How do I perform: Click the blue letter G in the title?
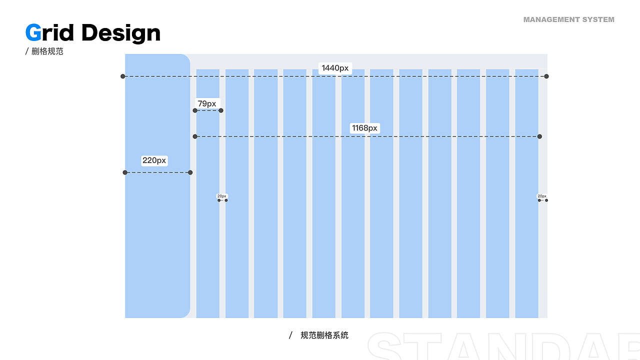tap(33, 32)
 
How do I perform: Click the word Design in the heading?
tap(121, 33)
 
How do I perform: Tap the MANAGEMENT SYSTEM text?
tap(568, 19)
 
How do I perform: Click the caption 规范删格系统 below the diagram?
tap(324, 335)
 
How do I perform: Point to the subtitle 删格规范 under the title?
tap(47, 51)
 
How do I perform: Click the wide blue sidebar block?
tap(157, 185)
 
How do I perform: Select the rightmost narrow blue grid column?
tap(526, 193)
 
